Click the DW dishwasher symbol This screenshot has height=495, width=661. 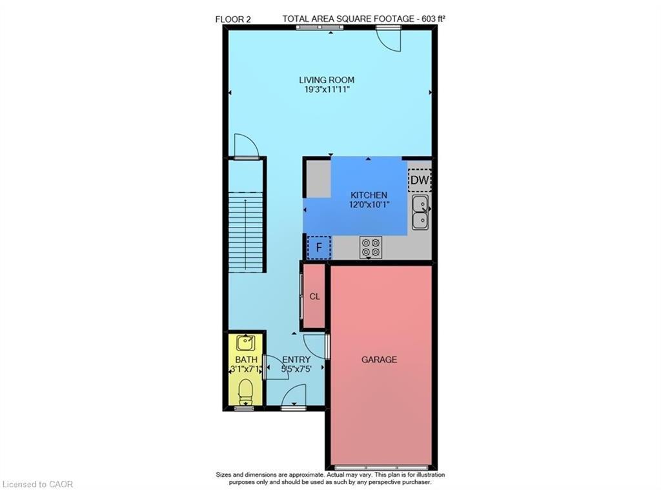[420, 180]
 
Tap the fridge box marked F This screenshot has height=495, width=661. [319, 247]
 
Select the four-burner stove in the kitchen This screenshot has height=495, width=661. [371, 247]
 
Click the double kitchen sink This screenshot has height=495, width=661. [420, 212]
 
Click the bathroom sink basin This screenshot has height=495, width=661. [245, 343]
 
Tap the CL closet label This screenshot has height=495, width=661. [314, 296]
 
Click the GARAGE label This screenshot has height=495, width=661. [379, 360]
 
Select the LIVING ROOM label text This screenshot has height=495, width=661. [327, 80]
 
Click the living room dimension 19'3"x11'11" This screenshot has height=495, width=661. [327, 90]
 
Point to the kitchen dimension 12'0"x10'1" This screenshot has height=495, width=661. [369, 204]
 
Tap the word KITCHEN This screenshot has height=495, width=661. [369, 195]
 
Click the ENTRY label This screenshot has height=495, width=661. [296, 360]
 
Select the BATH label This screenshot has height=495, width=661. [246, 360]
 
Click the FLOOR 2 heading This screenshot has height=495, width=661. [232, 19]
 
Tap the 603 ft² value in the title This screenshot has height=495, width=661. [431, 19]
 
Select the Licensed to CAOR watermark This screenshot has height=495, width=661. [37, 485]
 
